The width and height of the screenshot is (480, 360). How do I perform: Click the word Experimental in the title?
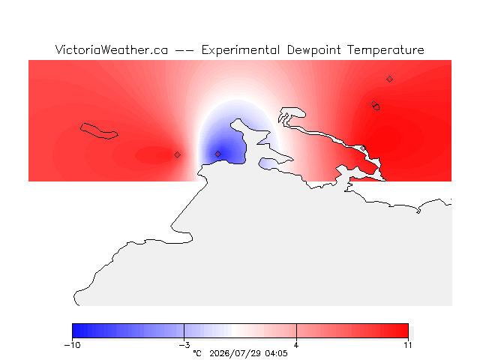pos(240,50)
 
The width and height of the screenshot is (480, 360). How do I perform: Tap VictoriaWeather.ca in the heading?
pos(112,49)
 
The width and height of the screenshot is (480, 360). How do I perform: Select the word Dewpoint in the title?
pos(313,50)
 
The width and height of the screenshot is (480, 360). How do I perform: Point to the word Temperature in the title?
pos(385,50)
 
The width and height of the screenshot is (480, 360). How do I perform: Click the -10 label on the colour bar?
pos(72,345)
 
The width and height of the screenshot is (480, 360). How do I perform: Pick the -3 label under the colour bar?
pos(184,345)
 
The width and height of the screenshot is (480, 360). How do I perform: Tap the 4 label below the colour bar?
pos(296,345)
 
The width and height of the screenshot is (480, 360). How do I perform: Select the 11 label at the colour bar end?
pos(408,345)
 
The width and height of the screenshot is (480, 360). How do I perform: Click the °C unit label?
pos(197,353)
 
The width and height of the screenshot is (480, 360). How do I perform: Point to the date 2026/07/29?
pos(235,353)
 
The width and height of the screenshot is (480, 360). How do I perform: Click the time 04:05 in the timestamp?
pos(276,353)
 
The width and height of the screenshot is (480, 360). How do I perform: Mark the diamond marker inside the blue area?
pos(217,154)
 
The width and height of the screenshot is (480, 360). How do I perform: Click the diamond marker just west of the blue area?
pos(177,155)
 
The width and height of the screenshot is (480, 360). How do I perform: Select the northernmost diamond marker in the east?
pos(389,79)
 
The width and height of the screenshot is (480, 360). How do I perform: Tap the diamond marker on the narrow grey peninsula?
pos(363,148)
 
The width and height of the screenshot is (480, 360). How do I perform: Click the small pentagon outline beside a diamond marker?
pos(376,107)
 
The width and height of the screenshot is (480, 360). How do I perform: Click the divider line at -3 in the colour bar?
pos(184,331)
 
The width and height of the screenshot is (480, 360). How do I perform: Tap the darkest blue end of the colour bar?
pos(74,331)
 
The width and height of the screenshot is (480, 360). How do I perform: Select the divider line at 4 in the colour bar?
pos(296,331)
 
